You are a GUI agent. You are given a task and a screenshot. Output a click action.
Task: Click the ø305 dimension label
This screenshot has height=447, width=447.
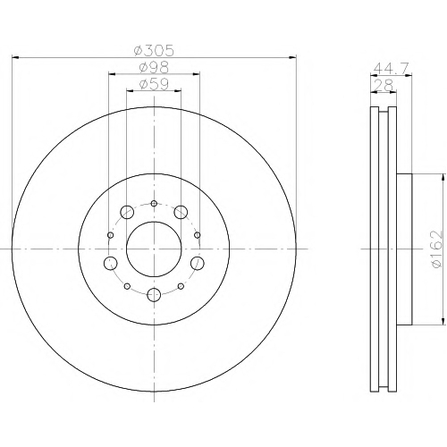click(154, 51)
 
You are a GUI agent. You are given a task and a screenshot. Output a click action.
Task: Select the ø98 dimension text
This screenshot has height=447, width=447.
click(154, 68)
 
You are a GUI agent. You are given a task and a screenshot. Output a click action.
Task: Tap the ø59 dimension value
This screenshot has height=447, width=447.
click(154, 84)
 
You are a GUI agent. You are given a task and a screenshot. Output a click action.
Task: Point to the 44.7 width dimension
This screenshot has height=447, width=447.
click(391, 68)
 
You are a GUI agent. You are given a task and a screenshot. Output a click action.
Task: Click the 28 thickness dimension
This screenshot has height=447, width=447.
click(384, 85)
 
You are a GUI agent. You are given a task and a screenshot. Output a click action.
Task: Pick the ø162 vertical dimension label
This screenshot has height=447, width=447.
click(438, 249)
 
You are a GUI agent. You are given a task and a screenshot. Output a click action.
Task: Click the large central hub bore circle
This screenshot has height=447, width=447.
click(154, 249)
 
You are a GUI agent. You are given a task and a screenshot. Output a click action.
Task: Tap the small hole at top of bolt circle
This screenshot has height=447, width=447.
click(154, 204)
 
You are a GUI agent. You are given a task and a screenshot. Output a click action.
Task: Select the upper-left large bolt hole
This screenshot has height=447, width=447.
click(127, 212)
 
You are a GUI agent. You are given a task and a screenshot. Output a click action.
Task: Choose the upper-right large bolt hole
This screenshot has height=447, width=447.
click(181, 212)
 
